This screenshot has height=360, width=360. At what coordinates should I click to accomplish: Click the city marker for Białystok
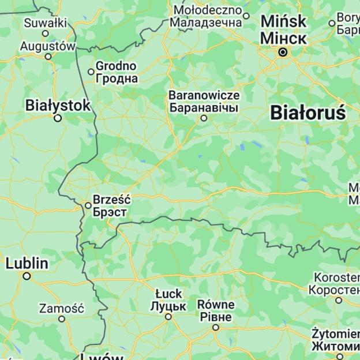pyautogui.click(x=58, y=118)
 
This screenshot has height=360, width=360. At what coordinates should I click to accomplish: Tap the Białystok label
pyautogui.click(x=58, y=105)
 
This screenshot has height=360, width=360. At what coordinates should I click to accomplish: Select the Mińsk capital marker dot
pyautogui.click(x=283, y=52)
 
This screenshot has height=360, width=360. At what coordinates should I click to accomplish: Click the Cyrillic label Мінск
pyautogui.click(x=283, y=38)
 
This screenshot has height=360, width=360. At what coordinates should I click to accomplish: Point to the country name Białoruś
pyautogui.click(x=307, y=112)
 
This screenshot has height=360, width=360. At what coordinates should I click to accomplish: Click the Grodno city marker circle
pyautogui.click(x=91, y=72)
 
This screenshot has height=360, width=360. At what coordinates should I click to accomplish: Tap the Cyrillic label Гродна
pyautogui.click(x=117, y=78)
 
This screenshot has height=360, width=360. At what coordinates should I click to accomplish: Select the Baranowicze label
pyautogui.click(x=204, y=95)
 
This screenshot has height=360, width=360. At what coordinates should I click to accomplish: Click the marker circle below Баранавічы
pyautogui.click(x=204, y=118)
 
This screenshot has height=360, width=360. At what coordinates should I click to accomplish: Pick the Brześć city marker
pyautogui.click(x=88, y=205)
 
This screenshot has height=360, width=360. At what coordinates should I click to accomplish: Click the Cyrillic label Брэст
pyautogui.click(x=110, y=212)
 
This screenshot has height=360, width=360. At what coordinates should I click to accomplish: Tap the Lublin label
pyautogui.click(x=27, y=264)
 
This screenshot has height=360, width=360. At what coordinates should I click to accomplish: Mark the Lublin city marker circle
pyautogui.click(x=27, y=276)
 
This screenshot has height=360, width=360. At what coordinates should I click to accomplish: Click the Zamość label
pyautogui.click(x=61, y=309)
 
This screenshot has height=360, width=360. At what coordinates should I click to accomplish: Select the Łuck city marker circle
pyautogui.click(x=168, y=317)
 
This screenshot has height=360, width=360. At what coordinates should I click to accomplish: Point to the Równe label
pyautogui.click(x=216, y=304)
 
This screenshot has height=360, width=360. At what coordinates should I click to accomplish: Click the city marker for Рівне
pyautogui.click(x=216, y=328)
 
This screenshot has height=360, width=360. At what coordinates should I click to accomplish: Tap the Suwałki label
pyautogui.click(x=45, y=23)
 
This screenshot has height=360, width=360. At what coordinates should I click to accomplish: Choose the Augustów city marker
pyautogui.click(x=48, y=57)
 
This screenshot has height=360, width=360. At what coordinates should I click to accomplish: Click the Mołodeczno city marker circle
pyautogui.click(x=246, y=16)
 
